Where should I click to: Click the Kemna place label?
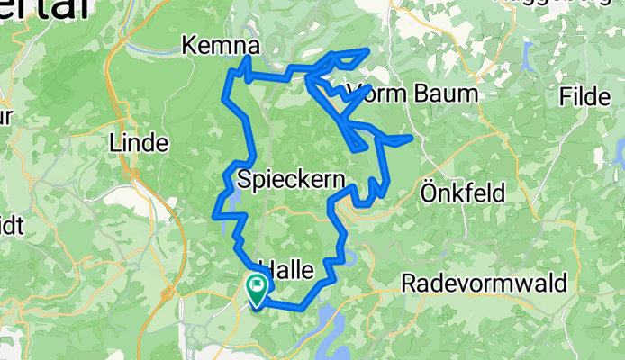222,45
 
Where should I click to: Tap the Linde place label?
138,142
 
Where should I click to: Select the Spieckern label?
292,181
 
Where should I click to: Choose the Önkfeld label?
464,192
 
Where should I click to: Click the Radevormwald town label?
484,283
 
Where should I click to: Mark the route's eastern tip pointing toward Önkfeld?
411,137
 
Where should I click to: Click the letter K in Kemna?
190,45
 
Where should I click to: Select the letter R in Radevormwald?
408,283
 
